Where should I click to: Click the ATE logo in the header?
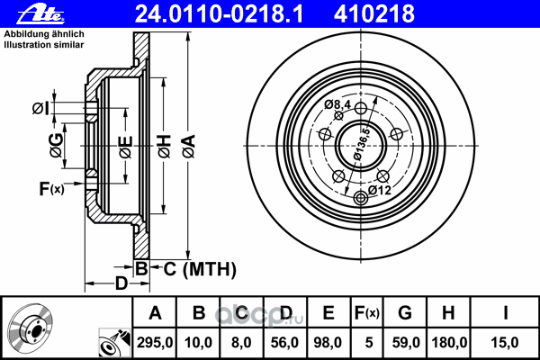(40, 13)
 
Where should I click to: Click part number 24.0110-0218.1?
(219, 13)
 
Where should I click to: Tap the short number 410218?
(374, 13)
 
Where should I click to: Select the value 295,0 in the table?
(155, 343)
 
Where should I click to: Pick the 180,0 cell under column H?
(449, 343)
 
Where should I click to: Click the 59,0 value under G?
(406, 343)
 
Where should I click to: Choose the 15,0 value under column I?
(505, 343)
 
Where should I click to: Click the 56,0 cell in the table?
(284, 343)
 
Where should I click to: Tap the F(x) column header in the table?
(367, 313)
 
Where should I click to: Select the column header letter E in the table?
(328, 313)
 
